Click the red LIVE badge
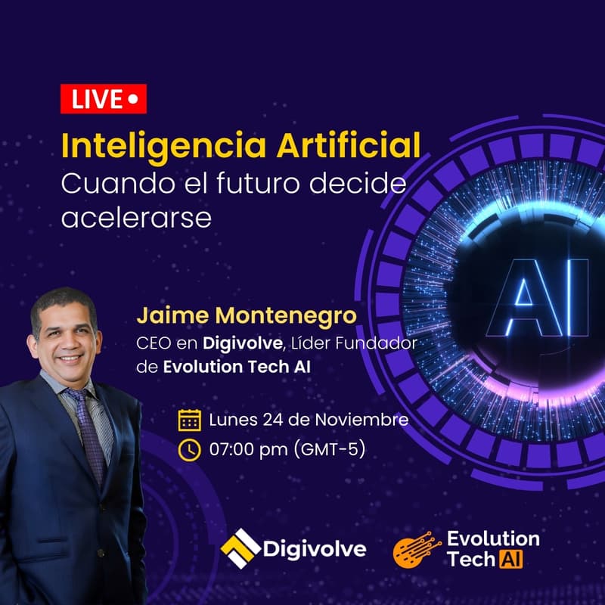pos(103,98)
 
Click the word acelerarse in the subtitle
pos(136,216)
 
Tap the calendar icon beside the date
pos(189,420)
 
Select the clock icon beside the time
pos(189,450)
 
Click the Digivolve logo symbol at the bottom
pos(239,548)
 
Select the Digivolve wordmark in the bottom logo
pos(314,548)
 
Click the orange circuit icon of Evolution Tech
pos(417,550)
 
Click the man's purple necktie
pos(88,423)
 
